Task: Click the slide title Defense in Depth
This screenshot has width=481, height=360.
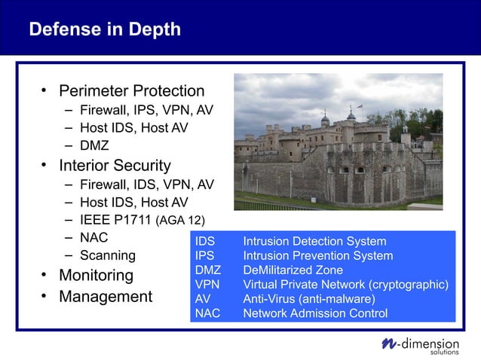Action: (105, 29)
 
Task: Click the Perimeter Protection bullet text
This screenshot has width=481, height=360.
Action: (132, 91)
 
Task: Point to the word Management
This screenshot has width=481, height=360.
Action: (106, 297)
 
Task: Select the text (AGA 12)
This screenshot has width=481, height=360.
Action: (180, 221)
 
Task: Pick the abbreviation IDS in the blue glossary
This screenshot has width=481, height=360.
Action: (205, 242)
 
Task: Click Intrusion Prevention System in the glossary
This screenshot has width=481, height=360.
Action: (317, 256)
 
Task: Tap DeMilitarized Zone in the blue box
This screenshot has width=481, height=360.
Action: (293, 270)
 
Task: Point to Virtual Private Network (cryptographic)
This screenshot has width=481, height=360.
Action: (345, 285)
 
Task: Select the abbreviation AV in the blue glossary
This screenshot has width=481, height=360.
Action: (203, 299)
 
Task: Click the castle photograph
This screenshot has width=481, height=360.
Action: (338, 142)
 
